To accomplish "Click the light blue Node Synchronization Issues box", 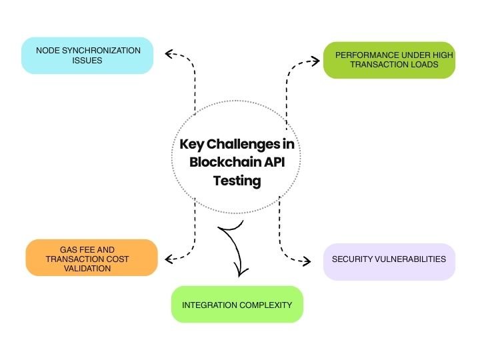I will (x=87, y=55).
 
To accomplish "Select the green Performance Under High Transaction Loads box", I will (x=389, y=60).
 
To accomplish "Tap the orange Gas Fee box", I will (x=91, y=257).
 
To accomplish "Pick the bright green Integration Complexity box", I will (x=237, y=305).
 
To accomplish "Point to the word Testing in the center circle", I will (x=237, y=180).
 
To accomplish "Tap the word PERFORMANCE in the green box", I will (x=365, y=54).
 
